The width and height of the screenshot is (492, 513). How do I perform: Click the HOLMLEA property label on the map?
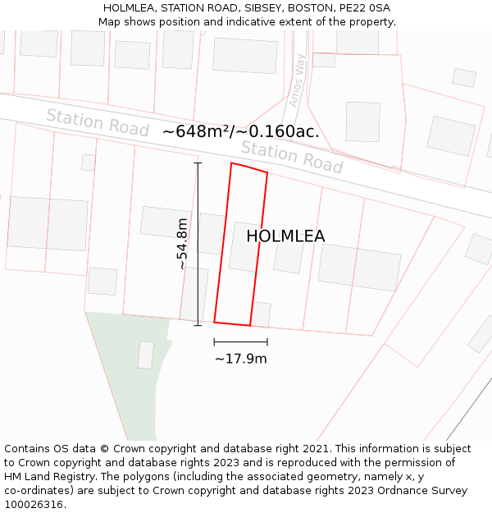click(285, 236)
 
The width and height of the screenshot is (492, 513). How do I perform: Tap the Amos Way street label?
click(296, 80)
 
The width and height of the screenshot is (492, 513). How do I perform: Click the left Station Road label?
click(97, 122)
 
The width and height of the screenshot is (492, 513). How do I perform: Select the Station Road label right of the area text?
click(291, 157)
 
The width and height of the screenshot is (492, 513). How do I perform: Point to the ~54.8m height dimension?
click(182, 244)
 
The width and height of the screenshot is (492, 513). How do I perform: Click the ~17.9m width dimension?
click(240, 359)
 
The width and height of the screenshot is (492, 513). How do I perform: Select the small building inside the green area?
click(146, 355)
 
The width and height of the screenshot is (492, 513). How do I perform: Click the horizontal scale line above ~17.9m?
click(240, 341)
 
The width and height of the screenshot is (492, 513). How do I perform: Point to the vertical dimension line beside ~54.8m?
click(198, 244)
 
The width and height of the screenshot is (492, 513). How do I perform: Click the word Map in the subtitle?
click(110, 22)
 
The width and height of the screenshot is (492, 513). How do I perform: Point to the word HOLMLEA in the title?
click(130, 8)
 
